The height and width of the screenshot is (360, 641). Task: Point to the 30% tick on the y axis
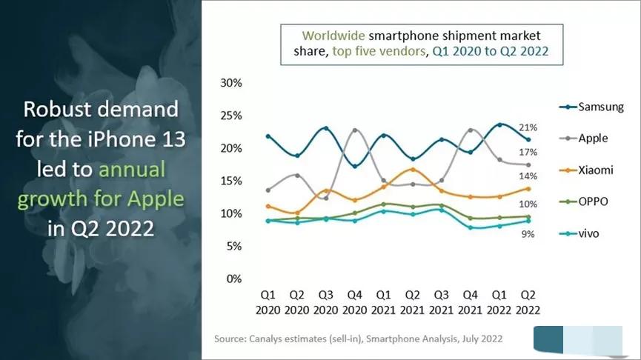(231, 83)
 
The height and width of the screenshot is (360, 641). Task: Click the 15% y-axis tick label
(231, 181)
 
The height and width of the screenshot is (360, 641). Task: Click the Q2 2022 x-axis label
(528, 303)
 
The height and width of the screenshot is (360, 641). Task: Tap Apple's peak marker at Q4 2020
(354, 130)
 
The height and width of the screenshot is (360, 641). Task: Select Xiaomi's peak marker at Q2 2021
(413, 170)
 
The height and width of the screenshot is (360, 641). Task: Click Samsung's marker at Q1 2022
(500, 124)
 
